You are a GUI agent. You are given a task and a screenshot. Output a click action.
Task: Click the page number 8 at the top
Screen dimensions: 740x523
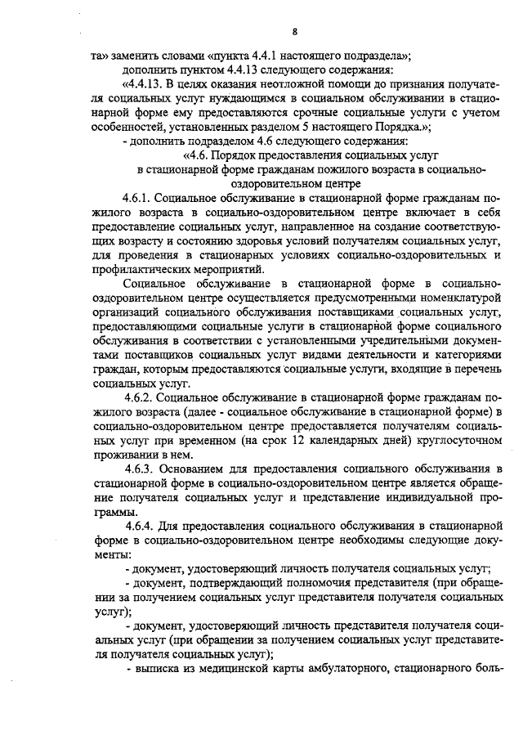(294, 33)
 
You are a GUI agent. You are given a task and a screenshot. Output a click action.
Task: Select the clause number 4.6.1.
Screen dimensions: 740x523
(136, 198)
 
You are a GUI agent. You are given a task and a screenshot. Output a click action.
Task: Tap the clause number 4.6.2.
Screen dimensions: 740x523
(136, 398)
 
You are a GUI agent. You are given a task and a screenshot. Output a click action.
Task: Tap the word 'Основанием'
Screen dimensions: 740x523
(195, 469)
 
